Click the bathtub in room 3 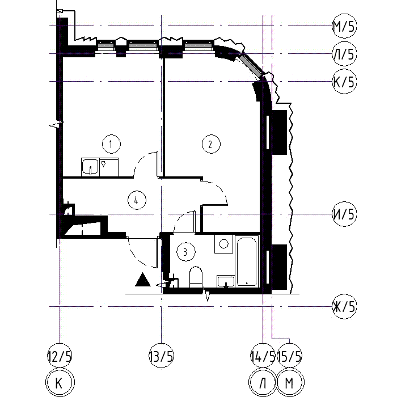click(x=247, y=261)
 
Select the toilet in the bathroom click(x=196, y=277)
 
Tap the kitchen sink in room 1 click(x=90, y=167)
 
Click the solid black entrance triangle click(x=143, y=280)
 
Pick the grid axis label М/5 click(x=344, y=26)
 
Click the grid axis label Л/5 click(x=344, y=54)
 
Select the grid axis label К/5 click(x=344, y=81)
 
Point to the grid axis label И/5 click(x=344, y=214)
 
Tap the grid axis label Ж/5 click(x=344, y=307)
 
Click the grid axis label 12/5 click(x=60, y=356)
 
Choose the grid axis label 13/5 click(x=161, y=356)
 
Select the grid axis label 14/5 click(x=263, y=356)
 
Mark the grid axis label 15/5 click(x=290, y=356)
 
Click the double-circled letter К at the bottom click(x=60, y=383)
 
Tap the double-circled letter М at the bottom click(x=290, y=383)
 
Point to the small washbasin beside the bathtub click(x=226, y=281)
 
